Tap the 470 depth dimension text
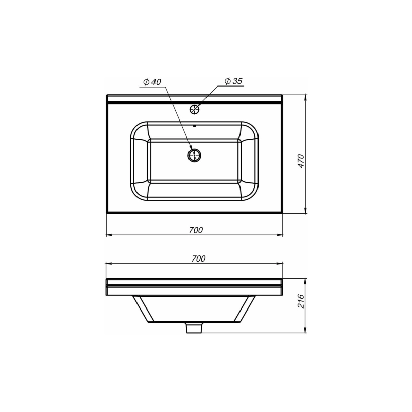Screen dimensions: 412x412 (302, 161)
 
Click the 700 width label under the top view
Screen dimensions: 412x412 (195, 230)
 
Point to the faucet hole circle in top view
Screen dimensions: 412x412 (195, 109)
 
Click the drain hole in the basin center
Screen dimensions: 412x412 (195, 154)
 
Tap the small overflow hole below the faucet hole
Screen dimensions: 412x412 (195, 124)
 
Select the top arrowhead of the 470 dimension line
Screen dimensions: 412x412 (306, 98)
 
